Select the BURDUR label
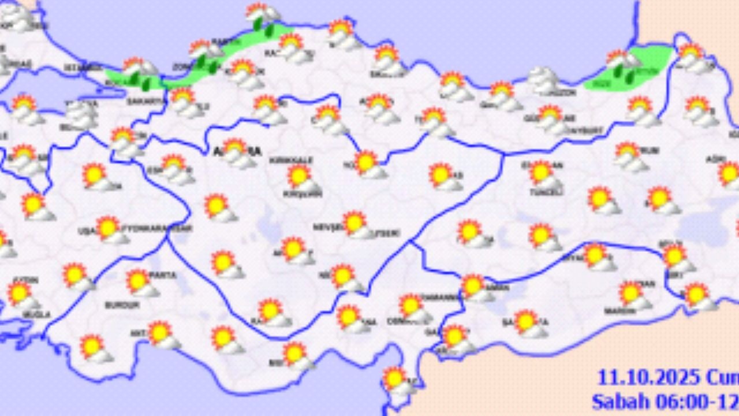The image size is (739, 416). [122, 304]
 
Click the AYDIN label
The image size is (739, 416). [24, 280]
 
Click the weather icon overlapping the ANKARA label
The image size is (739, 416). [237, 151]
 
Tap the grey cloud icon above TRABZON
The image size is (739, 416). [543, 79]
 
